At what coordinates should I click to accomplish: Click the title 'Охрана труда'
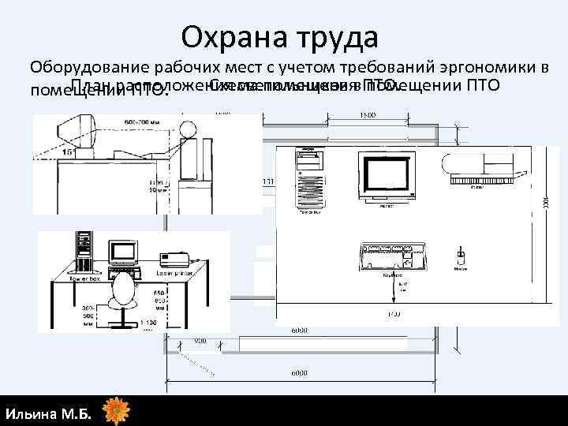(x=279, y=36)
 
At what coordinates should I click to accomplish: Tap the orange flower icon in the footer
(x=117, y=412)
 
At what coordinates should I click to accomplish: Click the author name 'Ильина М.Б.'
(x=48, y=413)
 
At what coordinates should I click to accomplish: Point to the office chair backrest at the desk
(x=124, y=293)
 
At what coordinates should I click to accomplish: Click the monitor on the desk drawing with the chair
(x=124, y=253)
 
